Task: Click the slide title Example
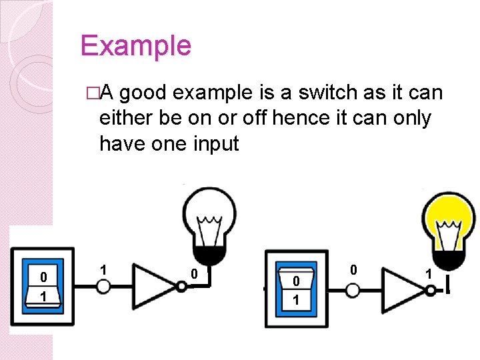135,46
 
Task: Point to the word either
127,119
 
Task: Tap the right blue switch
295,288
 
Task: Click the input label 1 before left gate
103,269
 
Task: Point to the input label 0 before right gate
354,269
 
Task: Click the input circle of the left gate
103,286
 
